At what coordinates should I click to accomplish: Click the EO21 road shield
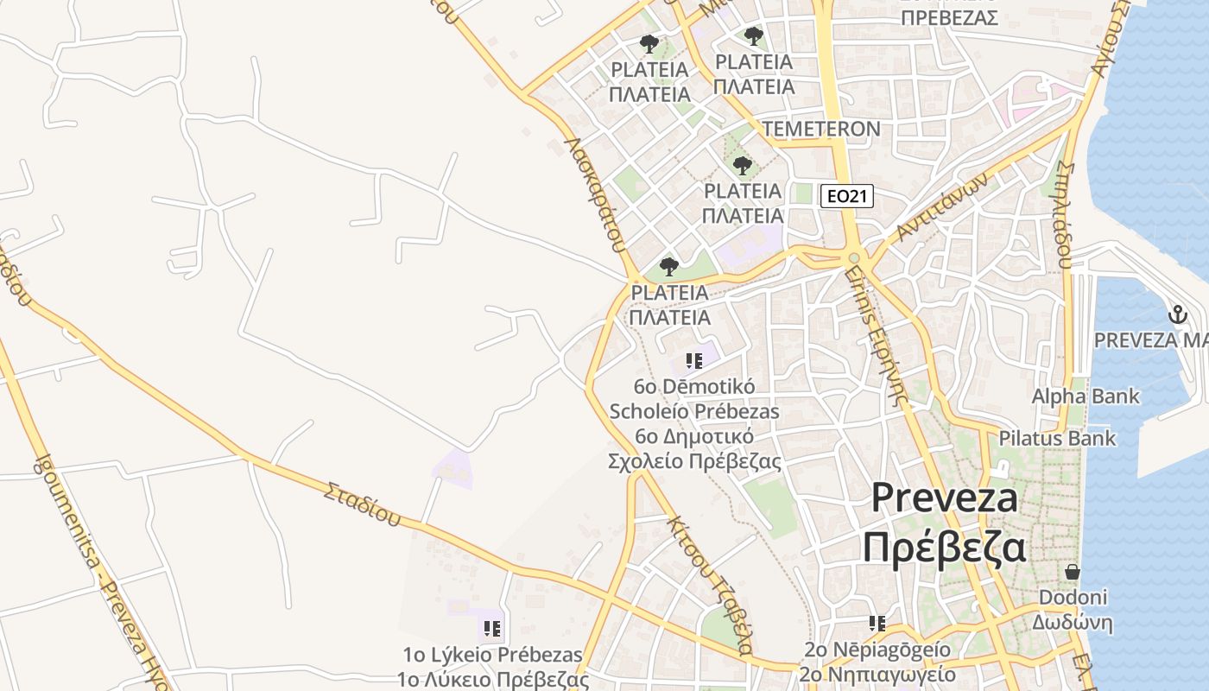846,197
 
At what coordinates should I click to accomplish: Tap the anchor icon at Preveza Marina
1178,315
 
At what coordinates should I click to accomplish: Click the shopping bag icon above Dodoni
1073,572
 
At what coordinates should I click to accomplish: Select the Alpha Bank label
1086,396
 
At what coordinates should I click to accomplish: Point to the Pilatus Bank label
1057,438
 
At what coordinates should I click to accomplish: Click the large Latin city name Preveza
944,498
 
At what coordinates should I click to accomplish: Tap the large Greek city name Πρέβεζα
944,547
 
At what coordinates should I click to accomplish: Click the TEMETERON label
821,130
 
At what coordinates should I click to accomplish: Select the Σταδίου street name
363,504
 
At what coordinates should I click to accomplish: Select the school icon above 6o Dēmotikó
694,360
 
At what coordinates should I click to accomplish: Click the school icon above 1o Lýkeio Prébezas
492,628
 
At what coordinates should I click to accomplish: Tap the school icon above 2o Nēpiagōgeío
877,624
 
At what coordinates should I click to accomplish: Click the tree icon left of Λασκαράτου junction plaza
668,266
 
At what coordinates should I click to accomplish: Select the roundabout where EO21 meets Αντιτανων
853,257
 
